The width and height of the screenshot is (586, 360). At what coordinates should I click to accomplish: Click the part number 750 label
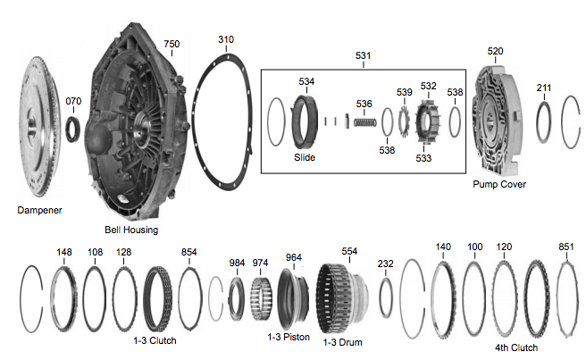tap(172, 44)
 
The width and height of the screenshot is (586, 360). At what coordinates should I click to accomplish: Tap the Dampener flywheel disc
tap(39, 127)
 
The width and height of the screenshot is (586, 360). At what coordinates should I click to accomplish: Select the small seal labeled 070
tap(72, 130)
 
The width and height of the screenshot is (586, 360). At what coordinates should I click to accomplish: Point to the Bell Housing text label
tap(131, 230)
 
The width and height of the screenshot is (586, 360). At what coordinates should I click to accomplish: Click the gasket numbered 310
tap(195, 123)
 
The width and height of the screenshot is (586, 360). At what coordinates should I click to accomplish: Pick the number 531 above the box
tap(363, 55)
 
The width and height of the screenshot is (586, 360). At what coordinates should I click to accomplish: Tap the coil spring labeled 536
tap(364, 122)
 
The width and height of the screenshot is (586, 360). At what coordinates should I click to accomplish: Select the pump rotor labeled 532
tap(428, 121)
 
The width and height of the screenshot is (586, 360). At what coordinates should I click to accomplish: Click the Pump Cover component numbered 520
tap(497, 120)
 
